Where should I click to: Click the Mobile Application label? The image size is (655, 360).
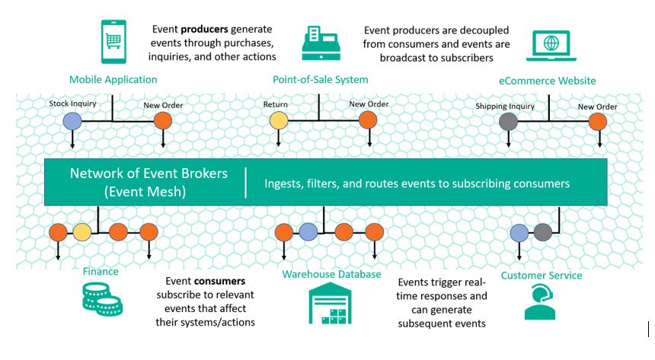tap(113, 79)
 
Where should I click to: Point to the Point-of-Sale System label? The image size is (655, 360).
tap(320, 79)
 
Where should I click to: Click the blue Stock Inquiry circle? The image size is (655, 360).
tap(72, 120)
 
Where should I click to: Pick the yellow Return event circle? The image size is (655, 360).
tap(279, 120)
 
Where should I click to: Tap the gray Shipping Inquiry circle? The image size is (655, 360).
tap(508, 121)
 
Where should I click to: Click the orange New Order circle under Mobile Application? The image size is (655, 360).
tap(162, 120)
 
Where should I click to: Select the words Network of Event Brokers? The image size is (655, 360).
tap(149, 173)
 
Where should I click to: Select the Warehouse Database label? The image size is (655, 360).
tap(331, 274)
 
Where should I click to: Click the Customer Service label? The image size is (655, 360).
tap(541, 275)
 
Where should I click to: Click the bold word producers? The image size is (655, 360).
tap(206, 29)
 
